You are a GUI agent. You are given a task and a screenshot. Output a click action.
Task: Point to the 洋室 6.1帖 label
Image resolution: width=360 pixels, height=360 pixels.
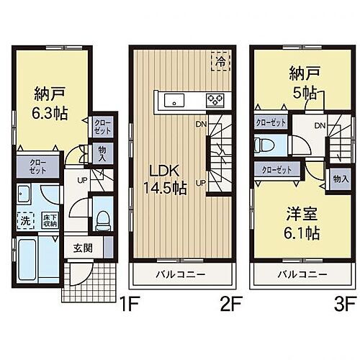[301, 223]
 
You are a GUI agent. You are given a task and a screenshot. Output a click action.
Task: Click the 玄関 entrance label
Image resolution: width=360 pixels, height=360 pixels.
[81, 248]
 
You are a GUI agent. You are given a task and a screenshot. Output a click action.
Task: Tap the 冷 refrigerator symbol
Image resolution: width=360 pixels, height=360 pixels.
[217, 62]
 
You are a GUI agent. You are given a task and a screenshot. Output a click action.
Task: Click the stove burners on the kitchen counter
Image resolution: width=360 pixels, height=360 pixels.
[215, 99]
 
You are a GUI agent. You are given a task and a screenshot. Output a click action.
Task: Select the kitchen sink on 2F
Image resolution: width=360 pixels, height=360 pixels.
[174, 99]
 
